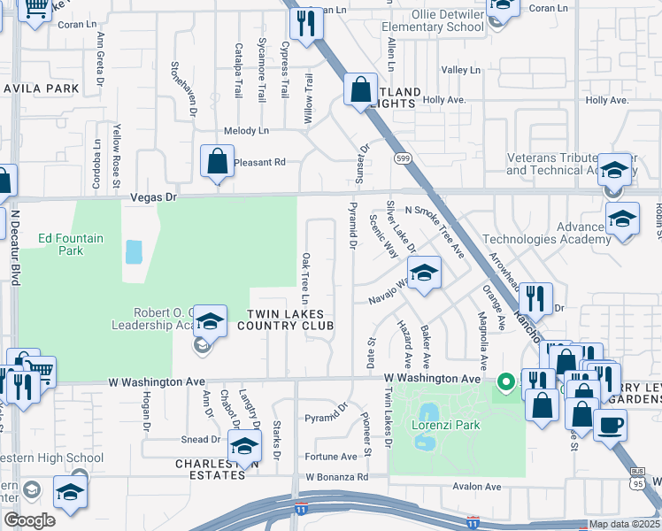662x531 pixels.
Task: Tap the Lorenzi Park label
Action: (x=446, y=425)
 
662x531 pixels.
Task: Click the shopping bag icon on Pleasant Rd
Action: (x=217, y=162)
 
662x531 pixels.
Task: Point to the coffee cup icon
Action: (x=610, y=425)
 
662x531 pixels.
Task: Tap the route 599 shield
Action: (x=402, y=158)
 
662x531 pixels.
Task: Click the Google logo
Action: (x=30, y=520)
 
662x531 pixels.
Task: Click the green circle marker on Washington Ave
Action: (x=506, y=383)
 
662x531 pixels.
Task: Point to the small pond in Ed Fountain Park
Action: (x=134, y=252)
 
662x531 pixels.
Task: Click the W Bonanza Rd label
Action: (x=337, y=477)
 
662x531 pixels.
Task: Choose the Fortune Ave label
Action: (x=332, y=457)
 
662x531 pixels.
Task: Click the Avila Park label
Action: (x=41, y=88)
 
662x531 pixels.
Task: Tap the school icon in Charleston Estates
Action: (x=244, y=448)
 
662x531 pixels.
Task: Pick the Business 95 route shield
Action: (x=637, y=481)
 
